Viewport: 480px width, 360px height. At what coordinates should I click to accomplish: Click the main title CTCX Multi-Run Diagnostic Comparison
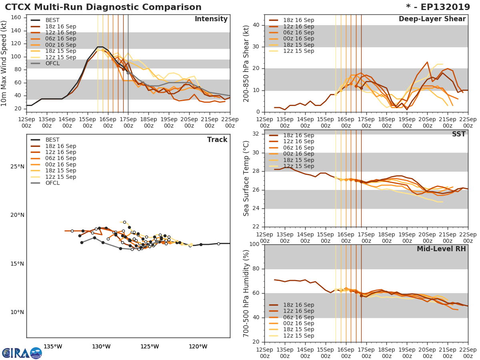click(103, 7)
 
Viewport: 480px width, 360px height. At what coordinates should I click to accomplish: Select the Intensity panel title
click(211, 19)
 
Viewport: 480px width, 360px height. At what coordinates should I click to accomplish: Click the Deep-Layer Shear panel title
click(432, 19)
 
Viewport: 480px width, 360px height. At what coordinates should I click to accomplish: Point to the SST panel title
click(458, 134)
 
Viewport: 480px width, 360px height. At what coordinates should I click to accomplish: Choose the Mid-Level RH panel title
click(441, 249)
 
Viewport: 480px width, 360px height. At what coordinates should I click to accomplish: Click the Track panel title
click(217, 140)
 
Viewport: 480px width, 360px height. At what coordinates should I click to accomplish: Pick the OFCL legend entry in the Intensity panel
click(52, 64)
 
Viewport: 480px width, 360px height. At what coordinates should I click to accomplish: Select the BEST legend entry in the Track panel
click(52, 140)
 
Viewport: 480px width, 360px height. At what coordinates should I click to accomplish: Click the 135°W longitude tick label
click(52, 346)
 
